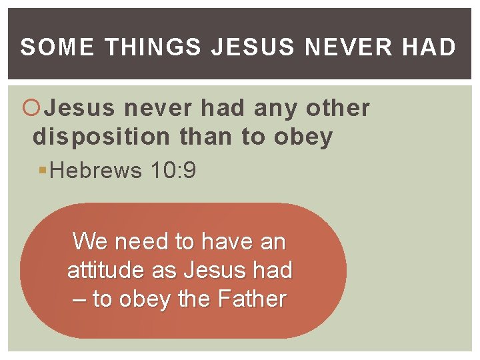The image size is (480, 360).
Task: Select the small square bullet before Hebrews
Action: pos(43,171)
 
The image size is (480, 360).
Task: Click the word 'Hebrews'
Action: pos(96,171)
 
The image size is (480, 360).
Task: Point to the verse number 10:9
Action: pos(173,171)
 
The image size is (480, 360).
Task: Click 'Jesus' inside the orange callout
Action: pos(211,270)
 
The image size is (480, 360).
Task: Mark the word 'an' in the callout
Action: pos(273,241)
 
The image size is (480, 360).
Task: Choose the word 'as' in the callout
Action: pos(163,270)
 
